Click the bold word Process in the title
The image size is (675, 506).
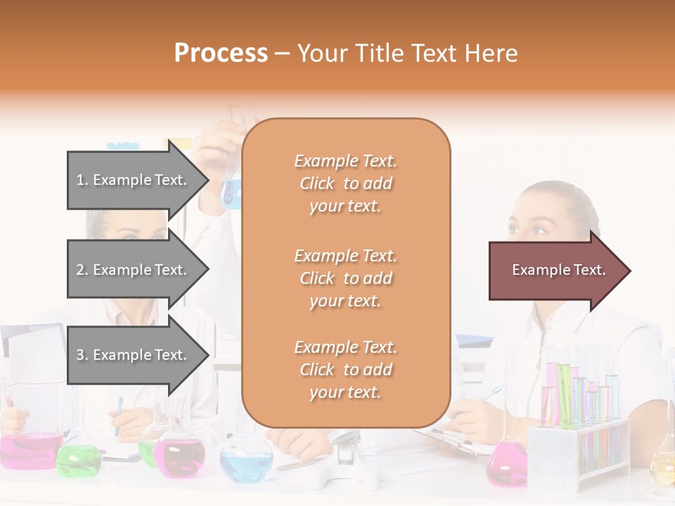click(221, 53)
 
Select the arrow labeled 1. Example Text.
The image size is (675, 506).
click(134, 180)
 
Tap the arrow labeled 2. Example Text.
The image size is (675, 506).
click(134, 270)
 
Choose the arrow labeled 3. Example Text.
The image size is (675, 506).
click(134, 355)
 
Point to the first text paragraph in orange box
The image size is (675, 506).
click(345, 183)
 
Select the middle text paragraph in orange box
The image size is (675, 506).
click(345, 278)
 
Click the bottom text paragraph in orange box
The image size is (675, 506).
click(345, 370)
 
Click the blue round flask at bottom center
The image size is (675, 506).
click(246, 464)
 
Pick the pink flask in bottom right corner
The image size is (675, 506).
click(506, 465)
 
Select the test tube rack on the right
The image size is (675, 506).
click(580, 436)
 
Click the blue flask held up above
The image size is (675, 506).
click(231, 191)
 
